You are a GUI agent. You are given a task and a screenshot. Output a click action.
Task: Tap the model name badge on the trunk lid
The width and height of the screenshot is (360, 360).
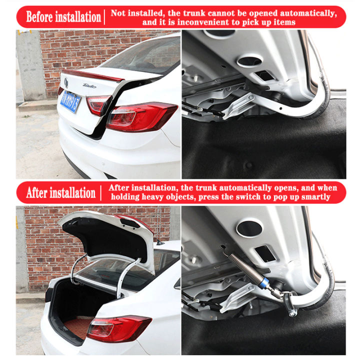click(90, 85)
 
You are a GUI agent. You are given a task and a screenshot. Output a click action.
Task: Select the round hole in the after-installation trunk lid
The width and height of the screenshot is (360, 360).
click(249, 228)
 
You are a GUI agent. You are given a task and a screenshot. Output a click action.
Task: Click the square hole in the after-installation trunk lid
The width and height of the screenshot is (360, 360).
click(266, 253)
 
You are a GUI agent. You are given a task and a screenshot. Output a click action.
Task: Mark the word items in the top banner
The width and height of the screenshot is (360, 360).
click(283, 22)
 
